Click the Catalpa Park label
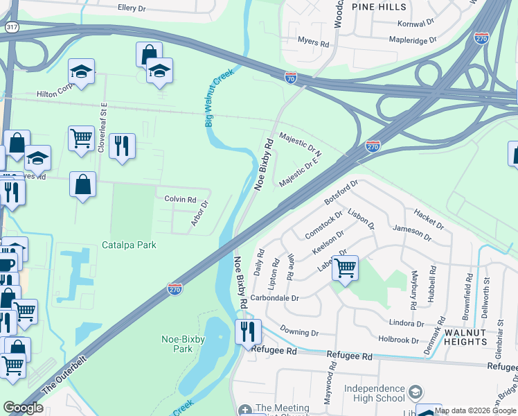[x=129, y=245]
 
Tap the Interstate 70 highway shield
[x=291, y=78]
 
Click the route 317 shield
[x=10, y=27]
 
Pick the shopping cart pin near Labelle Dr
[x=345, y=268]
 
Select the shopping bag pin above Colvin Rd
[x=83, y=185]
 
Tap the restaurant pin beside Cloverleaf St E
[x=122, y=146]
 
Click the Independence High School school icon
[x=415, y=392]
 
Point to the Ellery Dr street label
[x=133, y=8]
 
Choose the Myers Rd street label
[x=313, y=42]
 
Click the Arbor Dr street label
[x=199, y=214]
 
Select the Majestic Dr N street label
[x=301, y=144]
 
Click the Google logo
[x=23, y=408]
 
